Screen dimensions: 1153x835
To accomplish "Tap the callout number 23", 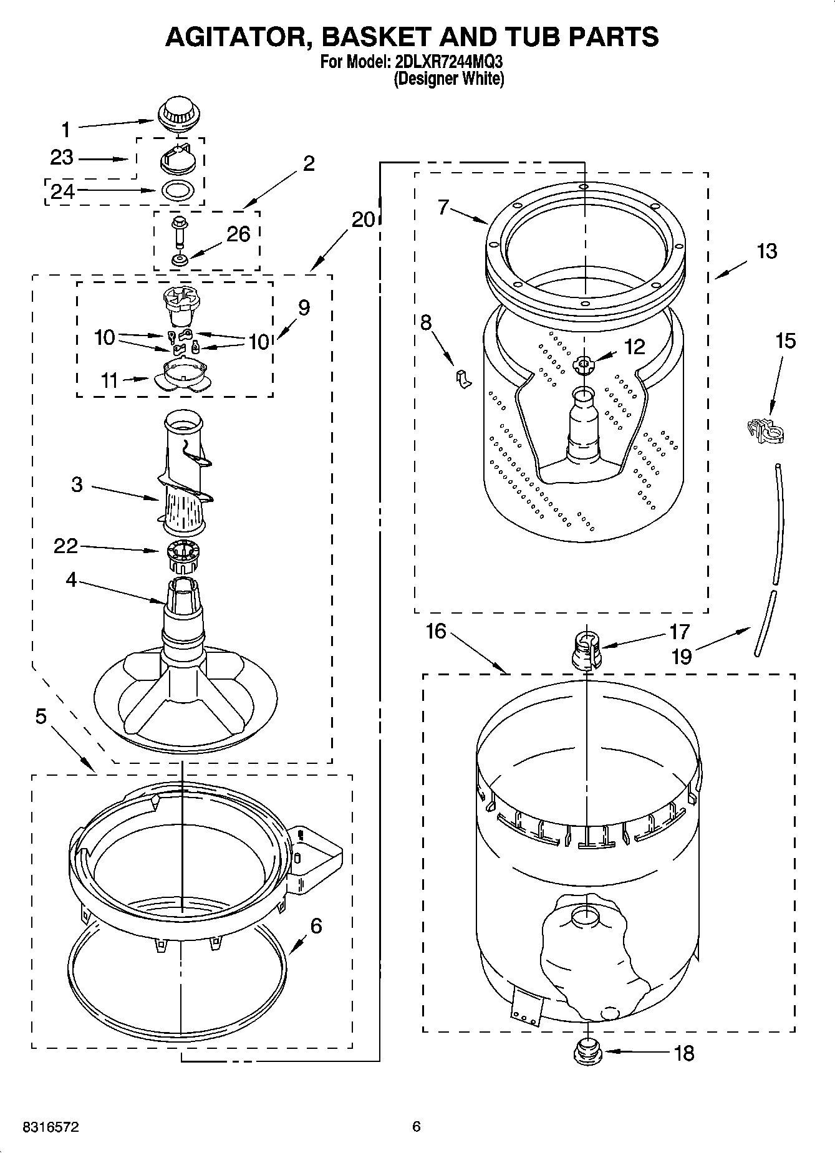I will pyautogui.click(x=62, y=158).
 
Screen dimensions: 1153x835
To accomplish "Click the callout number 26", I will pyautogui.click(x=238, y=234).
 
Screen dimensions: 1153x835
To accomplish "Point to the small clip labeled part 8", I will pyautogui.click(x=463, y=378).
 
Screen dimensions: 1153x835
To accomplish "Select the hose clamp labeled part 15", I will pyautogui.click(x=765, y=430).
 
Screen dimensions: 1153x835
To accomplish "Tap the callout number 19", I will pyautogui.click(x=682, y=656).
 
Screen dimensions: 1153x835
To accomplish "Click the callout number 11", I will pyautogui.click(x=110, y=380).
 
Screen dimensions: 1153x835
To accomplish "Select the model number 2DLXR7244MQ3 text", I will pyautogui.click(x=448, y=62).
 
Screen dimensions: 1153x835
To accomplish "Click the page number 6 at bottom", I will pyautogui.click(x=417, y=1126).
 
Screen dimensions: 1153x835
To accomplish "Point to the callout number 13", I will pyautogui.click(x=767, y=251).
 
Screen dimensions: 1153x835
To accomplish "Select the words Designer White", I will pyautogui.click(x=449, y=79).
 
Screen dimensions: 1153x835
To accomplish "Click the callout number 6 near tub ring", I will pyautogui.click(x=316, y=926).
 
